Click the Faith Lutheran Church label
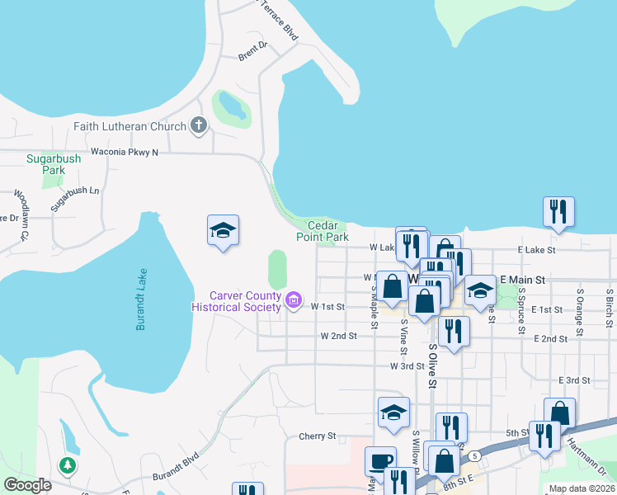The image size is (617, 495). pyautogui.click(x=130, y=126)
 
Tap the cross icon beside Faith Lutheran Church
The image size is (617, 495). pyautogui.click(x=198, y=126)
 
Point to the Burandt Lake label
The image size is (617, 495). pyautogui.click(x=141, y=299)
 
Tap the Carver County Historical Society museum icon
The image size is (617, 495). pyautogui.click(x=293, y=301)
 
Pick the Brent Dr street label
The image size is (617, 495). pyautogui.click(x=253, y=51)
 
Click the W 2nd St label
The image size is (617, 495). pyautogui.click(x=338, y=336)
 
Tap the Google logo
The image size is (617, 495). pyautogui.click(x=28, y=485)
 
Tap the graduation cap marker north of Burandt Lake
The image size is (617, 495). pyautogui.click(x=223, y=229)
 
